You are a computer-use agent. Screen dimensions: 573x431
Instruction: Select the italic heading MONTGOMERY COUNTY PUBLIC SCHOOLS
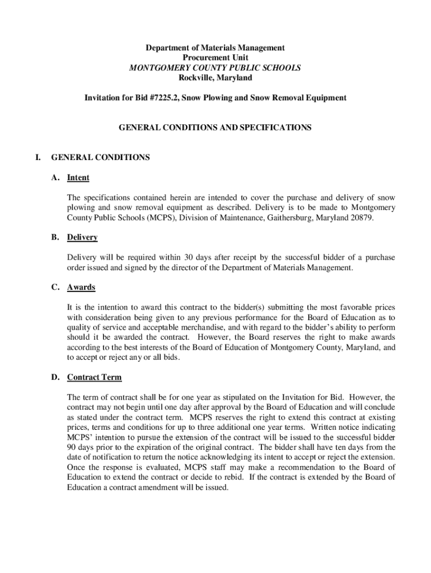[x=215, y=68]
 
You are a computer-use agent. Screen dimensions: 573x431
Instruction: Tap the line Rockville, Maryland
[x=215, y=78]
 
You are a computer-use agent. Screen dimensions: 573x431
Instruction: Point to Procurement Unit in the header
[x=215, y=58]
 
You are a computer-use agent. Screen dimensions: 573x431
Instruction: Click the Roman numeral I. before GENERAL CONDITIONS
[x=38, y=157]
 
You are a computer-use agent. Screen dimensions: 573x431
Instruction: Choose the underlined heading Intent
[x=78, y=178]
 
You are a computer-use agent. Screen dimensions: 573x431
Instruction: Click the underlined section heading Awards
[x=81, y=287]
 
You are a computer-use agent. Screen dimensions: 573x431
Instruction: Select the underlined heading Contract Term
[x=94, y=377]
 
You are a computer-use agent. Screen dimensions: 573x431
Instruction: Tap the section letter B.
[x=55, y=237]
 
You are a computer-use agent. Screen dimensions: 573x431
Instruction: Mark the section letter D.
[x=55, y=377]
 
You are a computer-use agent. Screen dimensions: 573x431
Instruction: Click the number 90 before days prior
[x=72, y=447]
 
